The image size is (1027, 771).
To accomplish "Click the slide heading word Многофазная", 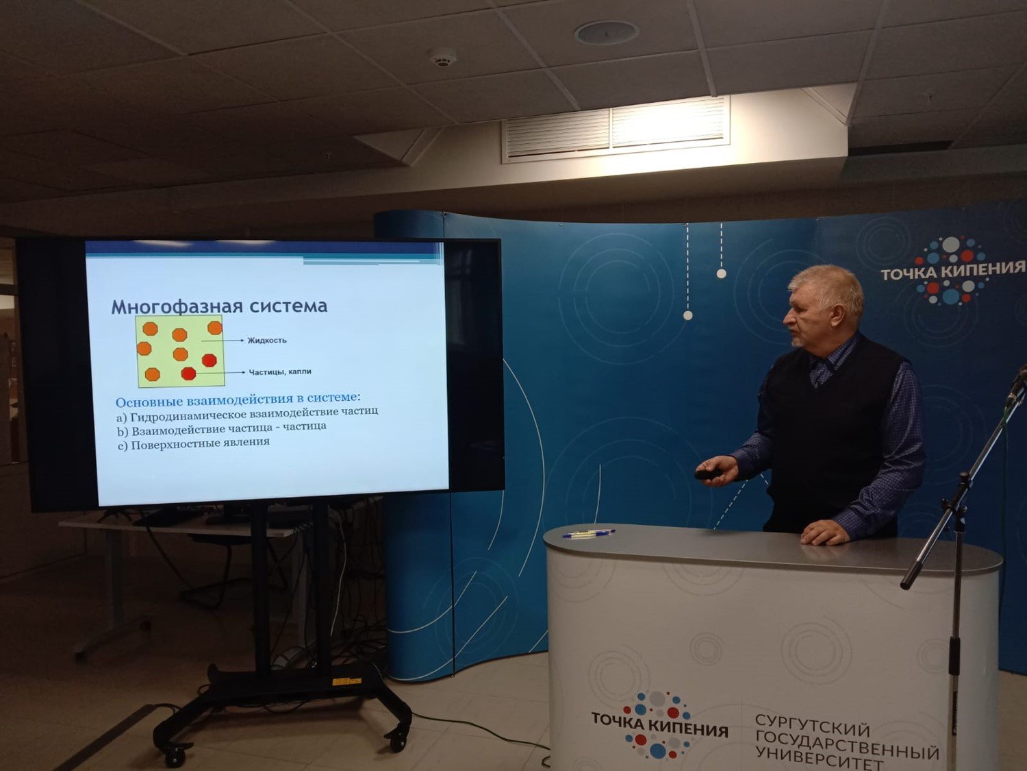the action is click(x=177, y=306).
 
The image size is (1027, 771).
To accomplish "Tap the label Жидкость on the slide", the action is click(x=267, y=341).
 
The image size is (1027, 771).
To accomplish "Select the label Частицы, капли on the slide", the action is click(x=280, y=371).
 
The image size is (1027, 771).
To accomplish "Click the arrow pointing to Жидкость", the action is click(x=222, y=341).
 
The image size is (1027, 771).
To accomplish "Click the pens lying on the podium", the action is click(x=589, y=533).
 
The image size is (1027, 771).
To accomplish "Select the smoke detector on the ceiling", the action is click(x=442, y=57).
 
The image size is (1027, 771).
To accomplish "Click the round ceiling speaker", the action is click(x=607, y=33).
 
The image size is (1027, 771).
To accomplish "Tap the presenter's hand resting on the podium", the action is click(x=824, y=533).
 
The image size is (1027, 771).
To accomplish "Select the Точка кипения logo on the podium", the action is click(x=659, y=724).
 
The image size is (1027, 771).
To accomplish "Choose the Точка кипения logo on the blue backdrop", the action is click(x=952, y=271).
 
